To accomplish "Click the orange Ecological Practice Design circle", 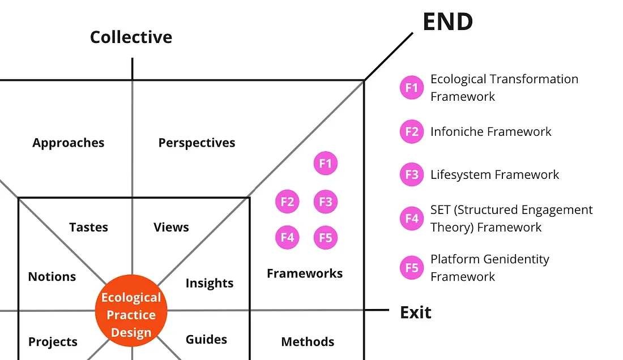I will pyautogui.click(x=131, y=315).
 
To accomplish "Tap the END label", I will pyautogui.click(x=447, y=22).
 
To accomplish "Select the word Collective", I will pyautogui.click(x=131, y=37).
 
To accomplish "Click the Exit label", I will pyautogui.click(x=416, y=312).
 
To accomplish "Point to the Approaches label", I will pyautogui.click(x=69, y=143).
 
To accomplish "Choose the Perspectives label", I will pyautogui.click(x=197, y=143).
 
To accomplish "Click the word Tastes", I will pyautogui.click(x=88, y=228).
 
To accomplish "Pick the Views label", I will pyautogui.click(x=171, y=228).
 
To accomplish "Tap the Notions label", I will pyautogui.click(x=52, y=277).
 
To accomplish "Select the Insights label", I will pyautogui.click(x=210, y=283).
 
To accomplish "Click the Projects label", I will pyautogui.click(x=53, y=342).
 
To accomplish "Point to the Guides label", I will pyautogui.click(x=206, y=340).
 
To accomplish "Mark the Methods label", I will pyautogui.click(x=308, y=342).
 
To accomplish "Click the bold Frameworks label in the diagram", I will pyautogui.click(x=305, y=274).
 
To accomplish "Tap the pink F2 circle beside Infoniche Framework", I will pyautogui.click(x=412, y=132).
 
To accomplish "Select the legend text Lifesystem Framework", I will pyautogui.click(x=494, y=174).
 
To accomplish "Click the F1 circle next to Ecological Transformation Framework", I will pyautogui.click(x=412, y=88).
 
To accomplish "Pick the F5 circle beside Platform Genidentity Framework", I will pyautogui.click(x=412, y=268).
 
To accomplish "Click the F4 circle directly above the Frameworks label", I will pyautogui.click(x=287, y=237).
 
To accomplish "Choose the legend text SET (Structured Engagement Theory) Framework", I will pyautogui.click(x=511, y=218).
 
